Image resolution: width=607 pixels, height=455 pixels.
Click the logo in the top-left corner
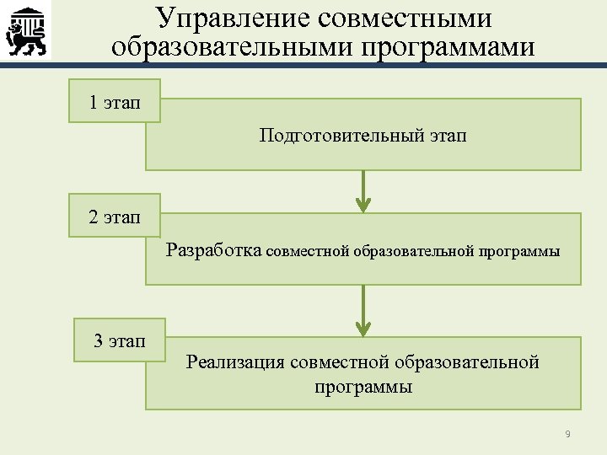[26, 30]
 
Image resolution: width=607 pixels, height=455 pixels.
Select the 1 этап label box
[115, 102]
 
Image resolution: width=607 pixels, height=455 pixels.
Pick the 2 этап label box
[115, 217]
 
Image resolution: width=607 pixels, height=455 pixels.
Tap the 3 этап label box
[119, 340]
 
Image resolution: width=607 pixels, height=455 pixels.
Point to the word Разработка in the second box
[214, 249]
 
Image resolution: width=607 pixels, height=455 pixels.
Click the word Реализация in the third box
[234, 362]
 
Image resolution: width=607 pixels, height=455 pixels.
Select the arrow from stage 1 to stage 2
[363, 191]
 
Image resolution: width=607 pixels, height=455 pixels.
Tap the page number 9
[567, 434]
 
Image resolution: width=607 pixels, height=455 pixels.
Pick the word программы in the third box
[363, 388]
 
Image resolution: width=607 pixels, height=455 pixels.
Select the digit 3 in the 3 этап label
[99, 341]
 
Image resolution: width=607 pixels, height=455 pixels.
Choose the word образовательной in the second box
[415, 250]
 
